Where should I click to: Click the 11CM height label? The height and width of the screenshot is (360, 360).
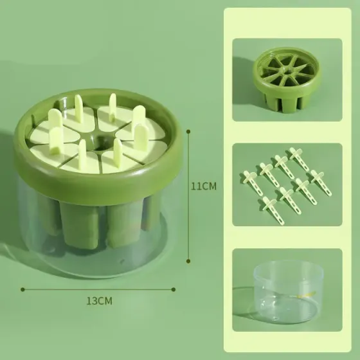coord(205,186)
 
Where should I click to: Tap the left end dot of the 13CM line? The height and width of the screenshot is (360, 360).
coord(22,288)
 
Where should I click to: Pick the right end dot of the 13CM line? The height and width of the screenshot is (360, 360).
coord(174,288)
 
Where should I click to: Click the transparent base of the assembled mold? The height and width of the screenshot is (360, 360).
coord(96,254)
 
